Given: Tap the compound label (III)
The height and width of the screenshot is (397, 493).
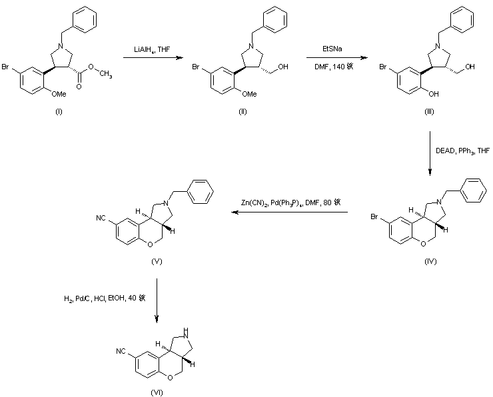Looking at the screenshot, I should tap(430, 113).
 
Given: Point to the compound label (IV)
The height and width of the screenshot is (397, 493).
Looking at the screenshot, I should tap(430, 261).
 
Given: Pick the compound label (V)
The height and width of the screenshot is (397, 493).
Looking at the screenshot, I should tap(158, 261).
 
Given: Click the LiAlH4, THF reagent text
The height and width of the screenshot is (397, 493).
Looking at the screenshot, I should tap(152, 49).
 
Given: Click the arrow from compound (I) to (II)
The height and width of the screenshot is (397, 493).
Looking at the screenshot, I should tap(153, 59).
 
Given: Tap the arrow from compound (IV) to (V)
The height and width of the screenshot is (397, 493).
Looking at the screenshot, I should tap(290, 212).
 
